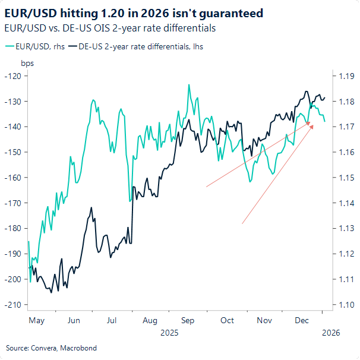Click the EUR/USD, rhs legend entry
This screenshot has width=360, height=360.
pyautogui.click(x=35, y=46)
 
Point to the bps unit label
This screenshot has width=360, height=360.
pyautogui.click(x=27, y=62)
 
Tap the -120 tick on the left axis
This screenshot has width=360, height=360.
pyautogui.click(x=12, y=76)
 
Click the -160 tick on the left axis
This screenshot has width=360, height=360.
pyautogui.click(x=12, y=178)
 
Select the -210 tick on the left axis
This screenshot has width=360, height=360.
pyautogui.click(x=12, y=305)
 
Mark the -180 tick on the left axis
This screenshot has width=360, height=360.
pyautogui.click(x=12, y=228)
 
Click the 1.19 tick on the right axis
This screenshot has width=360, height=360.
pyautogui.click(x=346, y=76)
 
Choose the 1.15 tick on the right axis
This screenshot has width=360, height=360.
pyautogui.click(x=346, y=178)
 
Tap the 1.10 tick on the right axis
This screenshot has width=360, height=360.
pyautogui.click(x=346, y=305)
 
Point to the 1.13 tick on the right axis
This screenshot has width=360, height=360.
pyautogui.click(x=346, y=228)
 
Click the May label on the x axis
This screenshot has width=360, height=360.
pyautogui.click(x=36, y=320)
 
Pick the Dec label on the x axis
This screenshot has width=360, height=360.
pyautogui.click(x=302, y=320)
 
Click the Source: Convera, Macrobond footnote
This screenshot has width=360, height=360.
pyautogui.click(x=51, y=348)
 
